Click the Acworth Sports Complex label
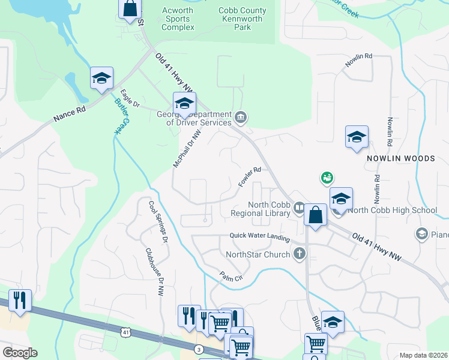(x=178, y=19)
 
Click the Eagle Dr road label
(x=130, y=98)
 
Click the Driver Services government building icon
(x=240, y=116)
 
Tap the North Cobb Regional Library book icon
(x=299, y=208)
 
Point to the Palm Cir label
(x=231, y=278)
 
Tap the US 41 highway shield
(x=124, y=332)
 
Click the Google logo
(x=20, y=353)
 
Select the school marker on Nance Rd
(x=101, y=79)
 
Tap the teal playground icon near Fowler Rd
(x=327, y=178)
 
